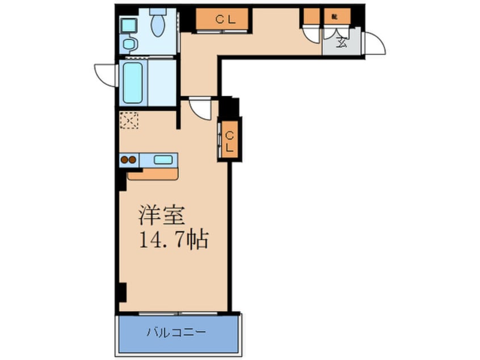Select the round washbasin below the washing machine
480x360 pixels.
pos(129,44)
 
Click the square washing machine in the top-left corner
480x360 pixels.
pos(128,25)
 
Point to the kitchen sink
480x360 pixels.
pos(163,160)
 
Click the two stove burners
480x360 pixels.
pos(129,160)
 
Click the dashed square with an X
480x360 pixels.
pos(129,120)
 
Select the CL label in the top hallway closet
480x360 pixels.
pos(223,19)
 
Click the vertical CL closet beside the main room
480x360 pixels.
pos(230,140)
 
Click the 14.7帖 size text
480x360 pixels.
pos(174,239)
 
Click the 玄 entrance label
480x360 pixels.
pos(341,41)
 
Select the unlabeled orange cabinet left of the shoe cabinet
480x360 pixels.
pos(310,16)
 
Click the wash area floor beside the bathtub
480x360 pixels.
pos(162,82)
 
